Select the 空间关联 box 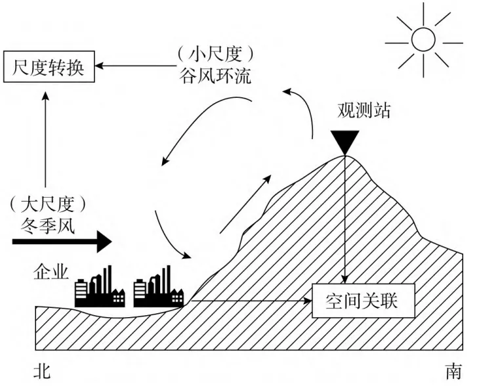362,301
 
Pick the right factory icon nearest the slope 158,287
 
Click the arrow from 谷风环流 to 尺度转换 138,66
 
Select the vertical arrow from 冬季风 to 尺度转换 45,141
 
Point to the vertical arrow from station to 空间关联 344,217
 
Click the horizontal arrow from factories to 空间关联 249,302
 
